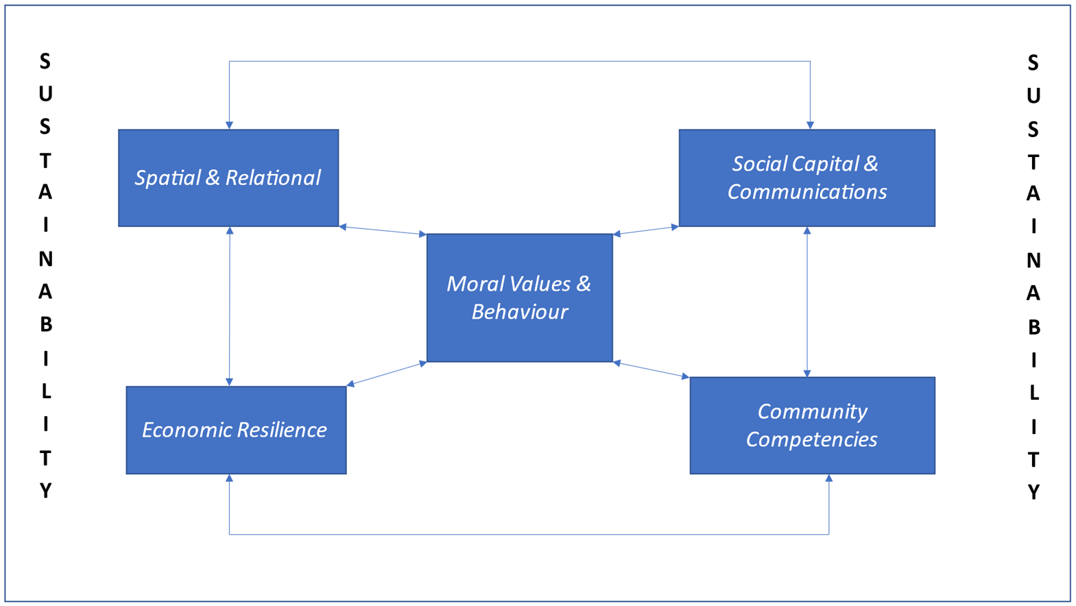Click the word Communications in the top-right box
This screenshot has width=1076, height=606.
(806, 192)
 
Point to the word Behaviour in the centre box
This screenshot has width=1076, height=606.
(519, 312)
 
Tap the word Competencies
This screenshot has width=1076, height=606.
(811, 439)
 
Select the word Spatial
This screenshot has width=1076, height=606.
(167, 178)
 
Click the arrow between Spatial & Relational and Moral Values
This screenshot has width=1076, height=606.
(383, 230)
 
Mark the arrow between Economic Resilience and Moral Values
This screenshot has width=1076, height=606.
(387, 374)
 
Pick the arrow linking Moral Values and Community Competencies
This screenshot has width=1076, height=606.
(651, 370)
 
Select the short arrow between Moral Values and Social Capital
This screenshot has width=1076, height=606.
(645, 230)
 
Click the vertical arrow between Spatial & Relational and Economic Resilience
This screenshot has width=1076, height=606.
(230, 306)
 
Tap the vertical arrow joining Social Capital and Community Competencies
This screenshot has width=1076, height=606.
(807, 302)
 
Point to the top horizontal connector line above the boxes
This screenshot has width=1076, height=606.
(519, 62)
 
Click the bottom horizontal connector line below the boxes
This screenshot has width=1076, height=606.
(528, 534)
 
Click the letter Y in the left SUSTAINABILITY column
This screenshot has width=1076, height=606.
(45, 491)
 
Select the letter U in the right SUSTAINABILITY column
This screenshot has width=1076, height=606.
(1033, 97)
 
